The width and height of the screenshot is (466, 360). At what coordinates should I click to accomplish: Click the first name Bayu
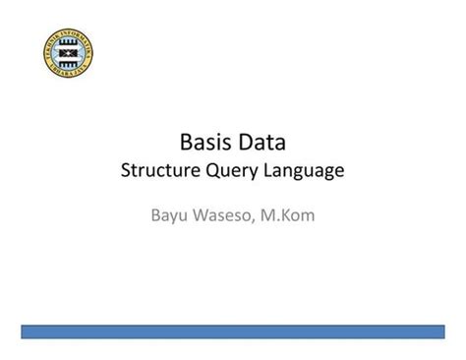click(x=169, y=213)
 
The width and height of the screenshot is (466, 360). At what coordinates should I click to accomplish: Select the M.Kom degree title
click(x=288, y=212)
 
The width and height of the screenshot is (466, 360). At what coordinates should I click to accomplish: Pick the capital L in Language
click(x=280, y=171)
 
